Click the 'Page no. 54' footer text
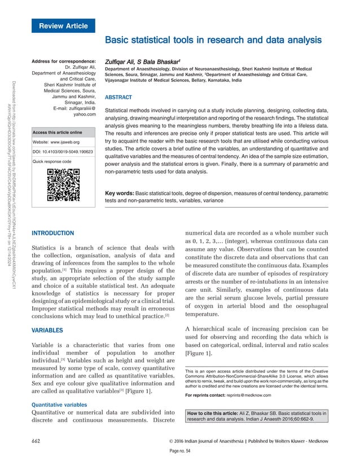point(180,452)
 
